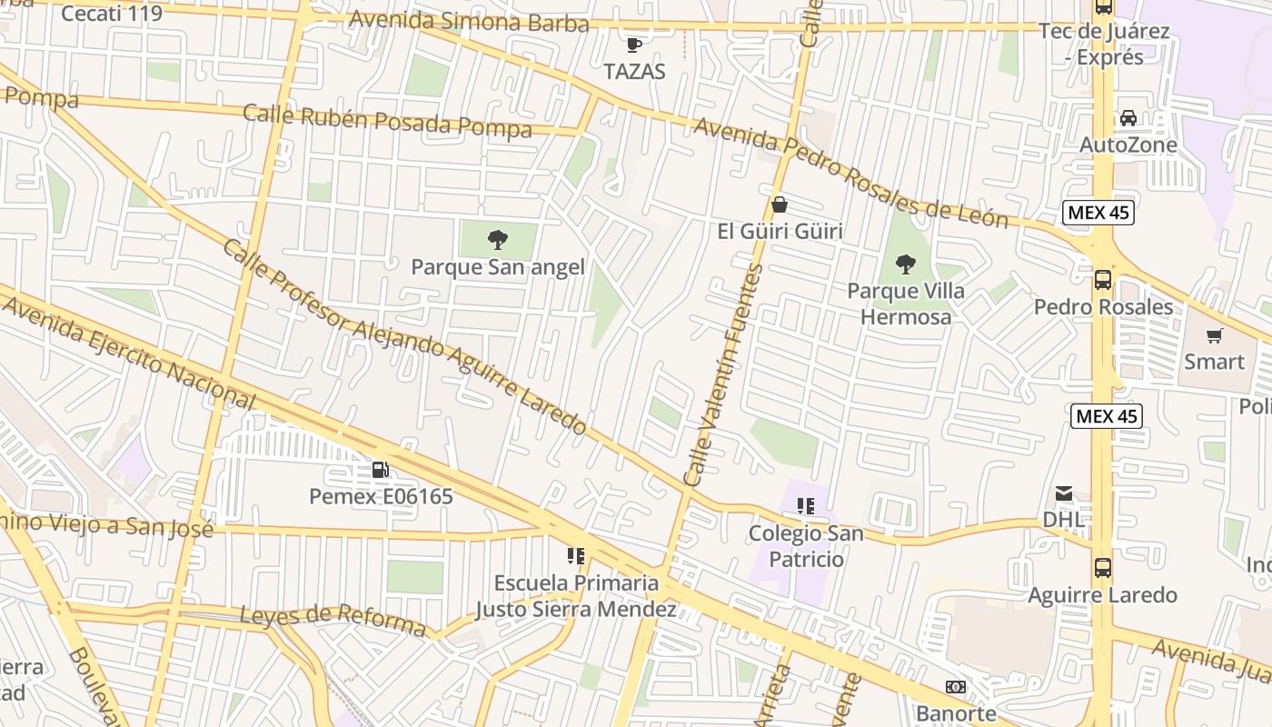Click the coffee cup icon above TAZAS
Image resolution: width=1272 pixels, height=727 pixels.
634,44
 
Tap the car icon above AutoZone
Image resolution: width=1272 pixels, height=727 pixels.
1128,118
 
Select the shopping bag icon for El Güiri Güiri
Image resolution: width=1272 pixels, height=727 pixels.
779,204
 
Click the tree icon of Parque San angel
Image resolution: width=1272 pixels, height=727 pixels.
497,240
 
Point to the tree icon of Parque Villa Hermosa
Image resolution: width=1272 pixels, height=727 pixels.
905,264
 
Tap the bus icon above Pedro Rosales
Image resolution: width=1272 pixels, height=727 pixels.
1102,280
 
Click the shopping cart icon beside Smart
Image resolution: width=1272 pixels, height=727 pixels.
1214,335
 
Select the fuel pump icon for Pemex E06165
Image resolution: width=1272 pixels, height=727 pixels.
380,470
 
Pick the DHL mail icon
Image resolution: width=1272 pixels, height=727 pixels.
1063,493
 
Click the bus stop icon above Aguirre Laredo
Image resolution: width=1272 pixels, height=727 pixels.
1102,568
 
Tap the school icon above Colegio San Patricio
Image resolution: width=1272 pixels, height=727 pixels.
805,506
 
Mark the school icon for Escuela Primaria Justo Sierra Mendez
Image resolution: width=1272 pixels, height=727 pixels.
575,555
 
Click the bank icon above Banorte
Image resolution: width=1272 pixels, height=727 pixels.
955,687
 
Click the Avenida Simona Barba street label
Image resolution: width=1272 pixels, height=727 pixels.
469,22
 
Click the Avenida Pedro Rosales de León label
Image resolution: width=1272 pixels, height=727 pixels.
850,173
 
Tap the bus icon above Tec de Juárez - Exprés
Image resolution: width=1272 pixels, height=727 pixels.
1103,6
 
